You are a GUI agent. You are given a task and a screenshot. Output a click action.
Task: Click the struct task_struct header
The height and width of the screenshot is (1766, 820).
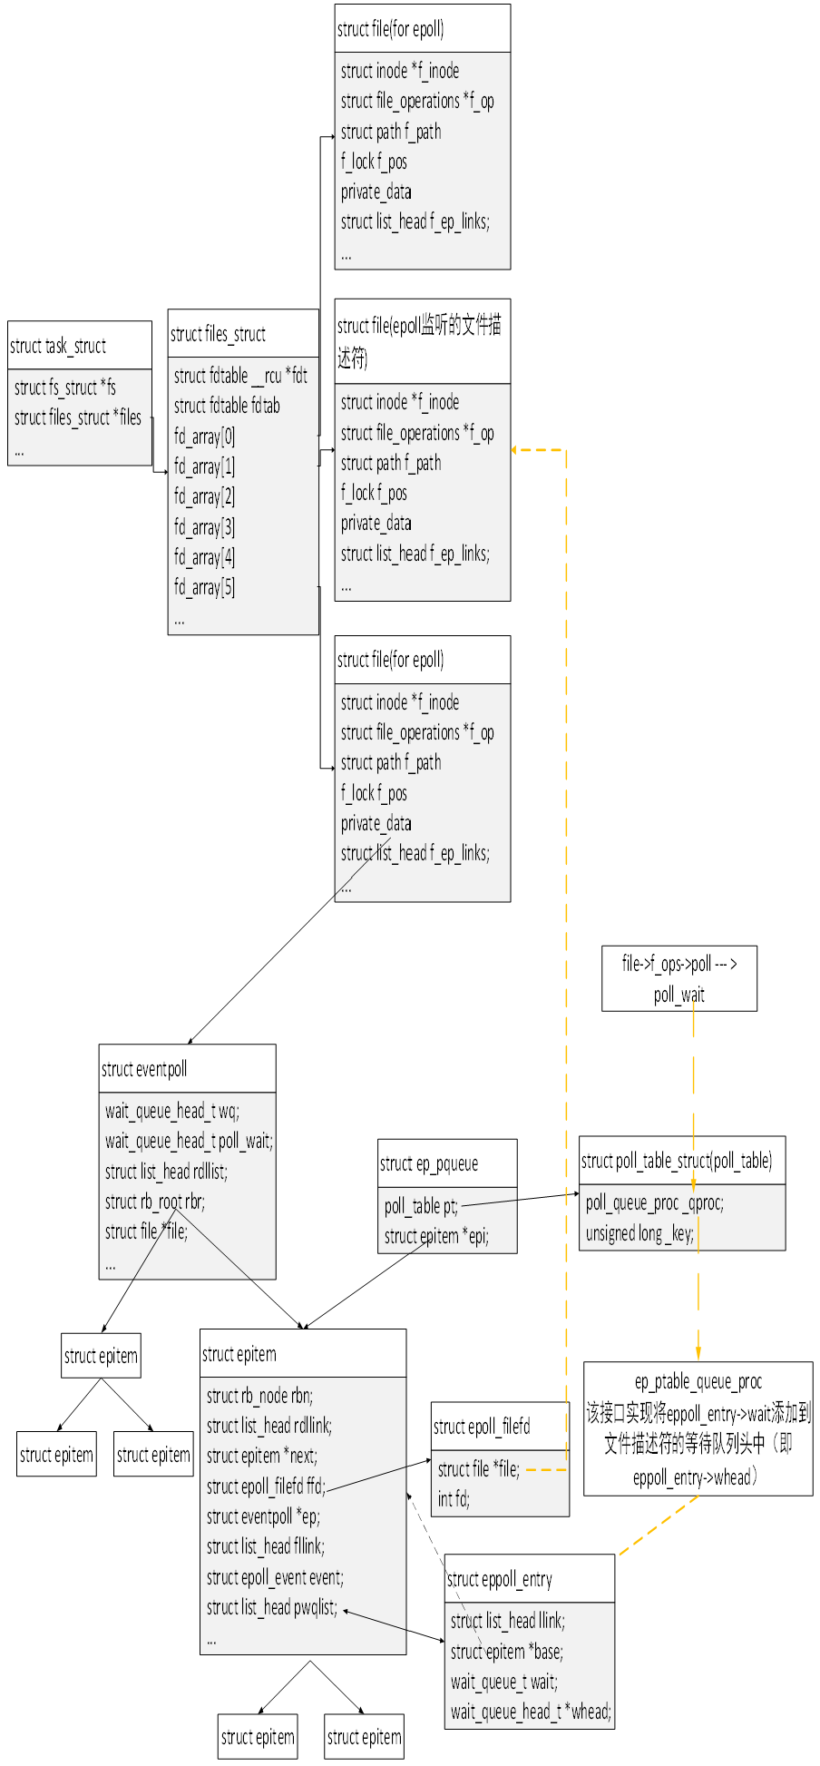(58, 346)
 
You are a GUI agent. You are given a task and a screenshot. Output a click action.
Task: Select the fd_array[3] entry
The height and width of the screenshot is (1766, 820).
(204, 526)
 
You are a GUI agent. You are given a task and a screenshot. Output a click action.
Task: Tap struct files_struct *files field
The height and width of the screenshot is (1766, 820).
(78, 417)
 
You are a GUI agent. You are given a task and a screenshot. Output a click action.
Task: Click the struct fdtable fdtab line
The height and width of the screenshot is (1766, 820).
(227, 406)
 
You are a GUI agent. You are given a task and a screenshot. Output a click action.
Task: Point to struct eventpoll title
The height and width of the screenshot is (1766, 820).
(144, 1069)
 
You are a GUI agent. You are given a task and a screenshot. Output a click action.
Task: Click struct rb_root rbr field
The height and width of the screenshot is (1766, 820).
(155, 1202)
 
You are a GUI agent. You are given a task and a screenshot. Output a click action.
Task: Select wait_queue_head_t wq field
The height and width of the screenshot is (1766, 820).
(172, 1111)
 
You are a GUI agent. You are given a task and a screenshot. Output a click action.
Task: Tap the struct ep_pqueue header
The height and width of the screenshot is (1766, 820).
(429, 1163)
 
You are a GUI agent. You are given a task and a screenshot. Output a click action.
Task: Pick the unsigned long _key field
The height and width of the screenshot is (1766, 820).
(639, 1233)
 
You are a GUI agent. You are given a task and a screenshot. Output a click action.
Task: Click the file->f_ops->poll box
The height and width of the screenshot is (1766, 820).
(678, 978)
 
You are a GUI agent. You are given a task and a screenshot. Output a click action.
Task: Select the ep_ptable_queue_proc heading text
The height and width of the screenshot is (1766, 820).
(698, 1381)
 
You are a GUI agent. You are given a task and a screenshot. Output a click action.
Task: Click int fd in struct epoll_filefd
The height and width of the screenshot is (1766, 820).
(454, 1498)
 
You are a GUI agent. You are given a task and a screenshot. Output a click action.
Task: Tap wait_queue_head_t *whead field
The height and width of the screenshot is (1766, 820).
(531, 1712)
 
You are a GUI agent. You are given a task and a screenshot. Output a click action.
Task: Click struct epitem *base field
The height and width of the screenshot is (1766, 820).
(507, 1651)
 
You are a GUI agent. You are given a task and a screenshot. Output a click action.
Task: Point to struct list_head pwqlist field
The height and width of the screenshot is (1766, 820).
(272, 1607)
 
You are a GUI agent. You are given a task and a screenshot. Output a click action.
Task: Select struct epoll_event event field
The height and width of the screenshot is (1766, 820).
(275, 1577)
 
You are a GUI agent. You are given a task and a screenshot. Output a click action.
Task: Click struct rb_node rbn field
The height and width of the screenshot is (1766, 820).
(259, 1396)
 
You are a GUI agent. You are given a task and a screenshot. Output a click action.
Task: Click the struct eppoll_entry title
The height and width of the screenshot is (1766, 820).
(499, 1579)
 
